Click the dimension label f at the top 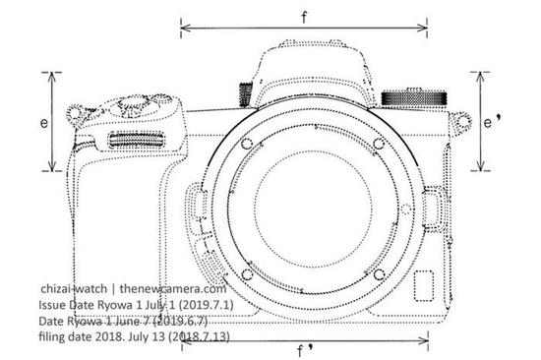(x=304, y=17)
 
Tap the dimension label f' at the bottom (x=306, y=351)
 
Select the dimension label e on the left (x=44, y=123)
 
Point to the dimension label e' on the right (x=492, y=122)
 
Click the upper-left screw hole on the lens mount (x=246, y=144)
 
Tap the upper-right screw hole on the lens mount (x=379, y=144)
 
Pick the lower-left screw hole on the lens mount (x=247, y=274)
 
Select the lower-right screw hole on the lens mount (x=379, y=274)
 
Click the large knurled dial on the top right (x=414, y=98)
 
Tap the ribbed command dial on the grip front (x=137, y=140)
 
